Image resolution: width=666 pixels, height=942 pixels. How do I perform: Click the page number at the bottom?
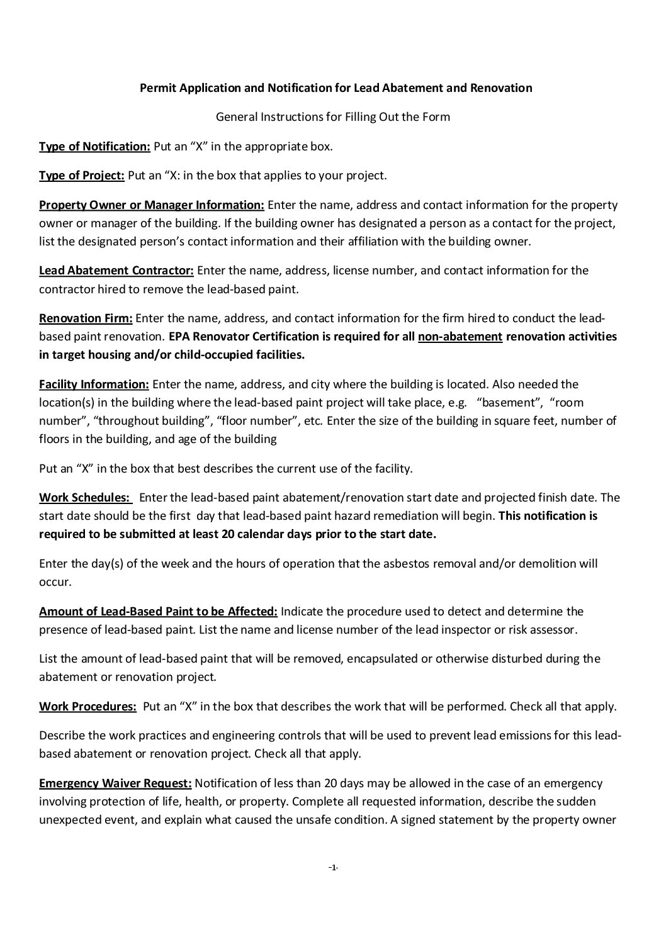(333, 868)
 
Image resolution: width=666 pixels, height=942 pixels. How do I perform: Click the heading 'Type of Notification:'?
(94, 147)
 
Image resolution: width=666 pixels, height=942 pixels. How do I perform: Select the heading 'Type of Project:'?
(82, 176)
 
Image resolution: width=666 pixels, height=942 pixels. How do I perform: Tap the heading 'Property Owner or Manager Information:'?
(152, 205)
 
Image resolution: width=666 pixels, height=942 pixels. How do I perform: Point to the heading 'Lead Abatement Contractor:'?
(116, 271)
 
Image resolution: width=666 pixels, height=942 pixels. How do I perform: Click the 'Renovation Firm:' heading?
(86, 318)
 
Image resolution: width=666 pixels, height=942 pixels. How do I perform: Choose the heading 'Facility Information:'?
(94, 384)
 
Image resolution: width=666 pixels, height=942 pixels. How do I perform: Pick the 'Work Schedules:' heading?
(84, 498)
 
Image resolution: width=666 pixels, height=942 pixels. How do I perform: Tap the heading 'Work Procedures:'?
(88, 706)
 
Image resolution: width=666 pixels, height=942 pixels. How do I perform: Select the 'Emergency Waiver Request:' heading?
(116, 783)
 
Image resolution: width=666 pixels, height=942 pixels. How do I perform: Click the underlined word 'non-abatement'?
(460, 337)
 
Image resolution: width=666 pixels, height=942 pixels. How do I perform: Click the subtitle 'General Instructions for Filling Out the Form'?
(333, 117)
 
